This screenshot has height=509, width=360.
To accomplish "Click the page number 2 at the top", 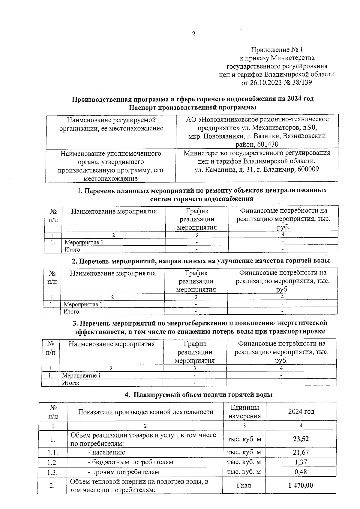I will point(193,34).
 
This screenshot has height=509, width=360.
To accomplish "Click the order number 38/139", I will point(301,82).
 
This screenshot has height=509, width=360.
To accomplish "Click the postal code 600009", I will point(308,169).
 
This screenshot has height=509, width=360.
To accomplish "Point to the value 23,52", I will point(301,439).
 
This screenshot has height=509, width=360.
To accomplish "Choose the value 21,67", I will point(301,452).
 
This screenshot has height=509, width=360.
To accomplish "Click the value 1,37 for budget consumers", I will point(301,462).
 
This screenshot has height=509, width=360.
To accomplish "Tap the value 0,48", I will point(301,472).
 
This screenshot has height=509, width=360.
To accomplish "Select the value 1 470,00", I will point(301,485).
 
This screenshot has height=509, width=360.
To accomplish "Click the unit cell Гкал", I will point(244,485).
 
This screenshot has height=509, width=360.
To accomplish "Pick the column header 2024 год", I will point(301,412).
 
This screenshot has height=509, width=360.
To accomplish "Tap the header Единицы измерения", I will point(244,412).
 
